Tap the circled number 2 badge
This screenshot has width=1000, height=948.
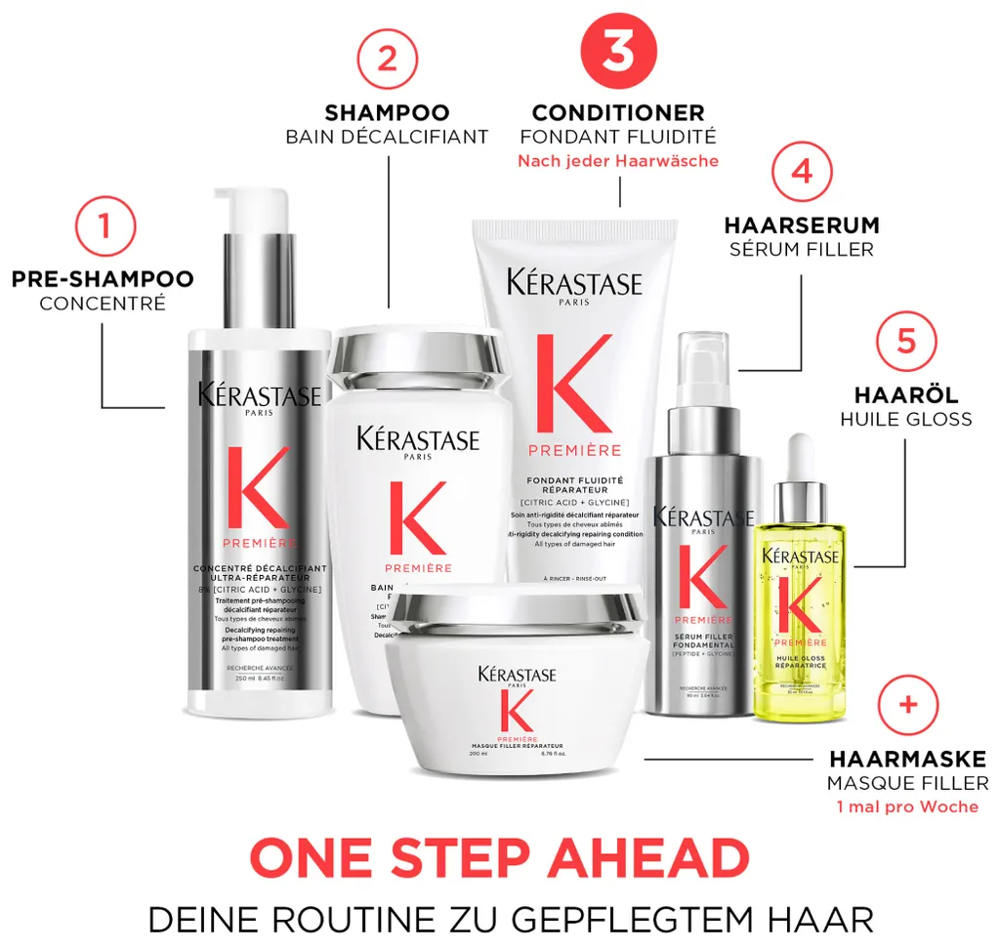387,59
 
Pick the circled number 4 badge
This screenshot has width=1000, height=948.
801,173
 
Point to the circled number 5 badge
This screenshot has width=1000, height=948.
905,341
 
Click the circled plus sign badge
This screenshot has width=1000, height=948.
907,704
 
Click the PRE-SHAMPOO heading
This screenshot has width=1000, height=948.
103,279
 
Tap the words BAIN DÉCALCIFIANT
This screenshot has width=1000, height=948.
387,137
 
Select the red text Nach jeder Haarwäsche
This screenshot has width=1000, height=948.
617,161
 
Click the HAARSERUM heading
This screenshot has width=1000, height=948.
801,226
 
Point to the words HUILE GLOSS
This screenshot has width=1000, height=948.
905,419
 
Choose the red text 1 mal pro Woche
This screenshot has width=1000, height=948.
907,806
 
